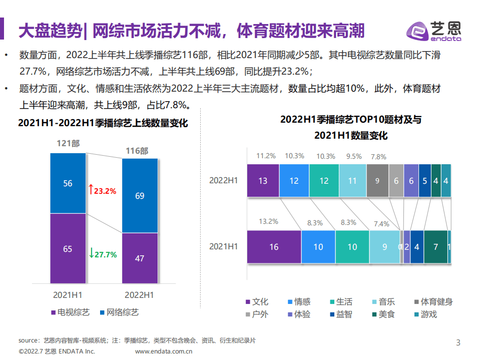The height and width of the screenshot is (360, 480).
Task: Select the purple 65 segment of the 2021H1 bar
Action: point(68,249)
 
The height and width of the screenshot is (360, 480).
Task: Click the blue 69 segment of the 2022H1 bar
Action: point(140,196)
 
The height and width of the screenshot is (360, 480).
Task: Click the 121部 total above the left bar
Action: point(68,144)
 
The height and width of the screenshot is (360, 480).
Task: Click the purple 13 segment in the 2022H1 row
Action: point(263,181)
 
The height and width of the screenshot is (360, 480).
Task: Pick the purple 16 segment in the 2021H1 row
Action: point(274,246)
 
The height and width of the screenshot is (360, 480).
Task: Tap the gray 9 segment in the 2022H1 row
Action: point(377,181)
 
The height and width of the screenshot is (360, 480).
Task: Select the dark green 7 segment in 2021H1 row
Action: point(435,246)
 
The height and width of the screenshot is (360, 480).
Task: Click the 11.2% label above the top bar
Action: point(266,156)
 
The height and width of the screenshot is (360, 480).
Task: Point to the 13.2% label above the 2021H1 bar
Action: point(268,221)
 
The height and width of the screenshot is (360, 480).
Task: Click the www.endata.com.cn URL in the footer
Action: point(164,351)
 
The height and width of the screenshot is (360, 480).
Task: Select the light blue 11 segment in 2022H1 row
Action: point(352,181)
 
